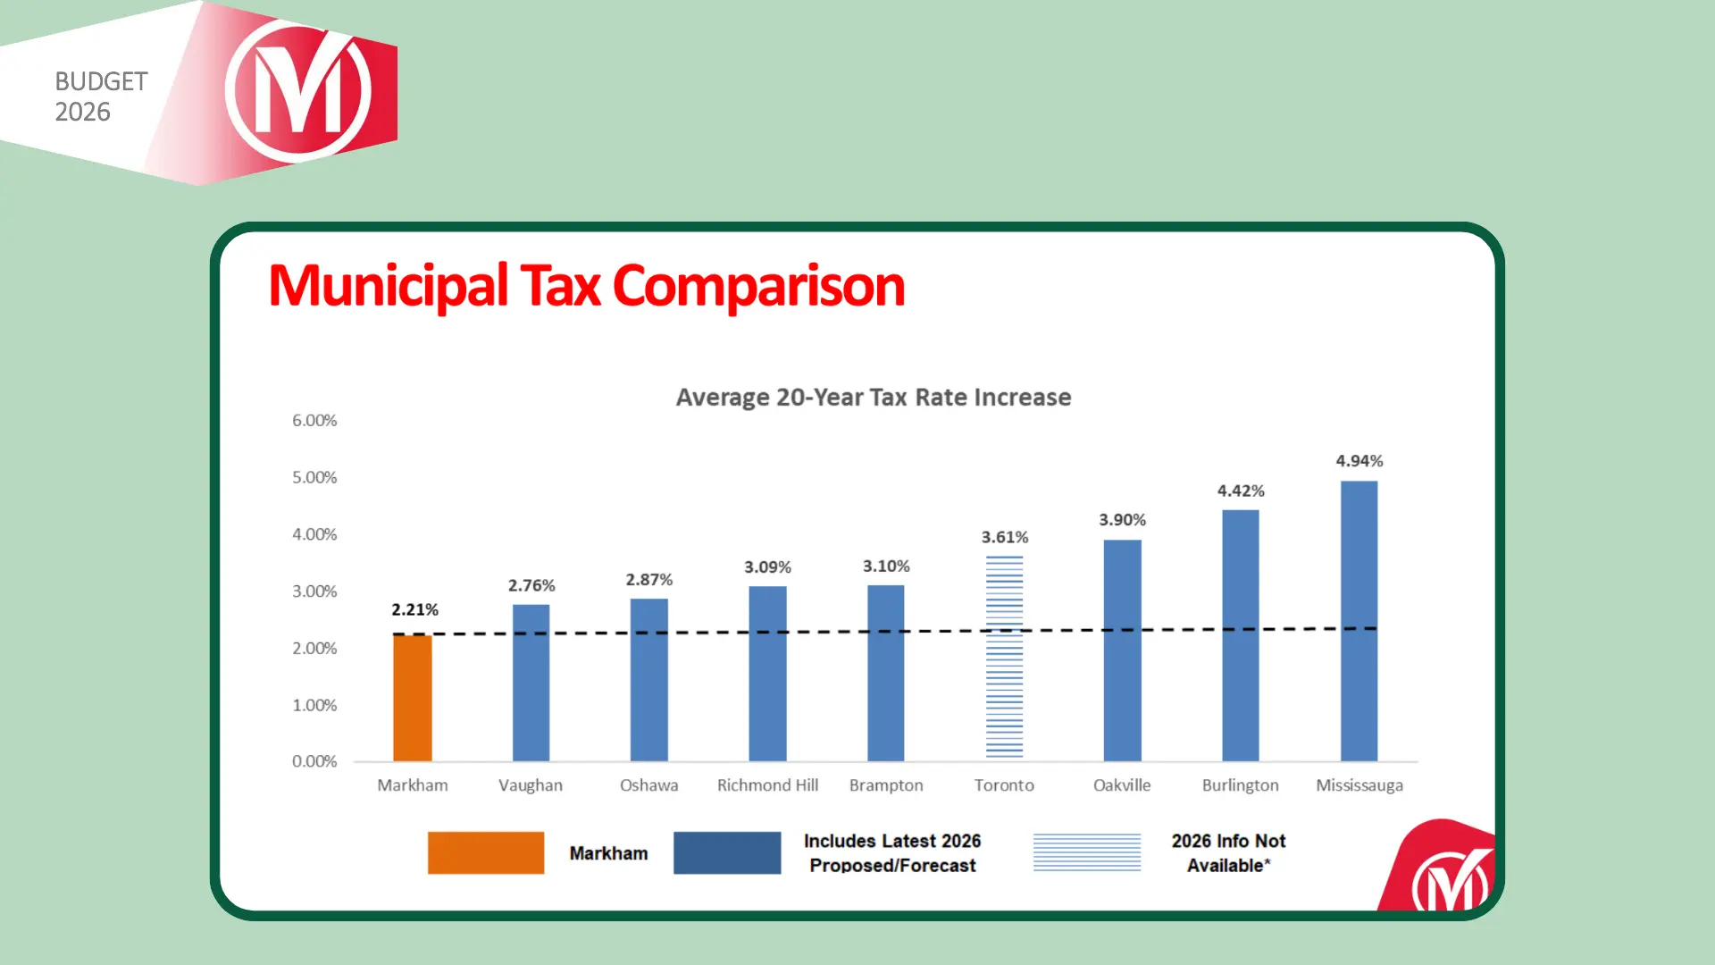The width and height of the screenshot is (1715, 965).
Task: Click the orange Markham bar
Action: pos(413,698)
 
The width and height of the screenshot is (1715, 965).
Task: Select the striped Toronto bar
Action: pos(1004,658)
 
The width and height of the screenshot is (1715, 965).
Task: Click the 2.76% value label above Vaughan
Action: pos(531,585)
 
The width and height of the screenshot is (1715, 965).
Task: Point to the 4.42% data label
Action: pos(1241,491)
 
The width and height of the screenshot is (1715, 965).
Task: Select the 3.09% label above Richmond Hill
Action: pos(767,567)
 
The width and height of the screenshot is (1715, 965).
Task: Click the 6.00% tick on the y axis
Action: pos(314,420)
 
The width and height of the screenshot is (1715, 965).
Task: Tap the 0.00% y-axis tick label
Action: pos(314,761)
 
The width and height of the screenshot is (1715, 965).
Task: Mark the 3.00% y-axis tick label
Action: pos(314,592)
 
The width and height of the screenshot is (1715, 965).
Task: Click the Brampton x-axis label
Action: pos(886,785)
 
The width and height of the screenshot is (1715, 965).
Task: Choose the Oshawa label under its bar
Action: pos(648,785)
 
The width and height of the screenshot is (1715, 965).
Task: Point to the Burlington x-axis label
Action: pos(1240,785)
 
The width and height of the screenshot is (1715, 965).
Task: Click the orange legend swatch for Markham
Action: pos(486,852)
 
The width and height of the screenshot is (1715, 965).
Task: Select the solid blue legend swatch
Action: pos(727,852)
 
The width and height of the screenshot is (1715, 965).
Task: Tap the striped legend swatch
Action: pos(1087,852)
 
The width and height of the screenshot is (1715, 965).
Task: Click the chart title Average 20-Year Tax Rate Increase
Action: pos(873,397)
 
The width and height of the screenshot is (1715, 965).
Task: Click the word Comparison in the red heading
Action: pos(758,286)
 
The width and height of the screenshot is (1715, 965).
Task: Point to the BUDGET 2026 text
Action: pos(100,96)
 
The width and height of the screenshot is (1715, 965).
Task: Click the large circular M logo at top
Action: pos(298,91)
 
